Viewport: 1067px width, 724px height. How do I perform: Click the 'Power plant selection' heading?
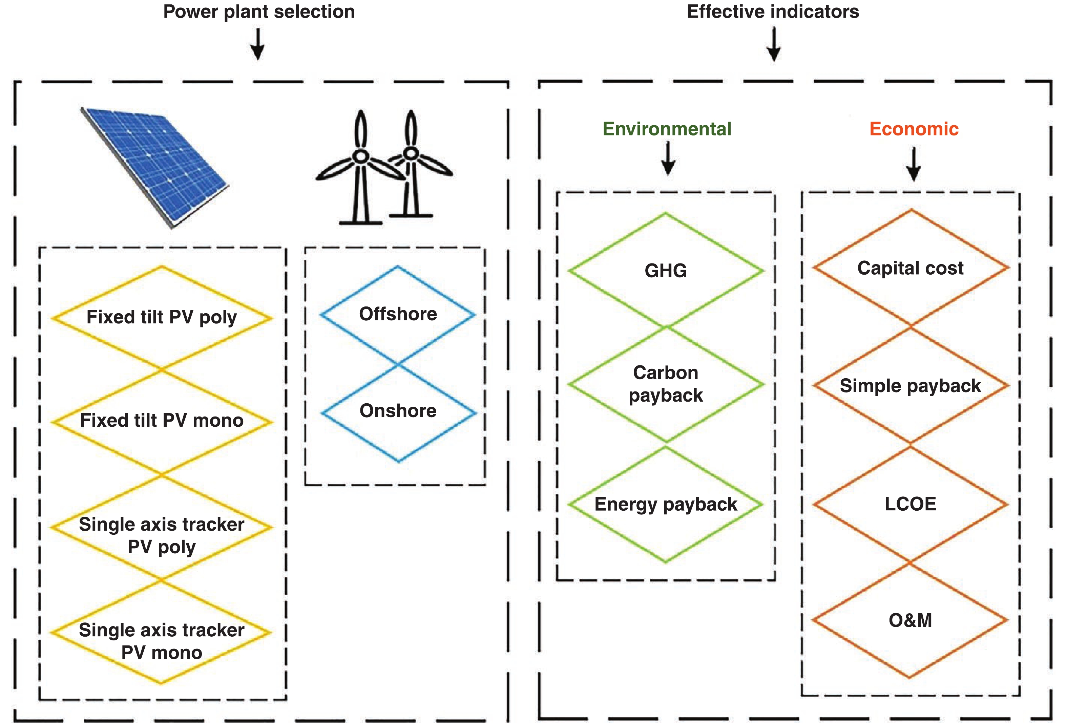tap(259, 12)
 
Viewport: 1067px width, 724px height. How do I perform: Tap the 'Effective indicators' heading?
tap(773, 12)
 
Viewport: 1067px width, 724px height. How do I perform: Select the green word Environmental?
tap(667, 129)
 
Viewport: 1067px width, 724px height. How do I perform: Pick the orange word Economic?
tap(914, 129)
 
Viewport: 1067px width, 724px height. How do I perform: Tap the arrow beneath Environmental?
tap(668, 158)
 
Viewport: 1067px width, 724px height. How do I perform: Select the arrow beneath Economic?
tap(914, 164)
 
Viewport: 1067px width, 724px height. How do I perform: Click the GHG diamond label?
tap(666, 271)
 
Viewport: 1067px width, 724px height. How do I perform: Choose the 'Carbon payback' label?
tap(666, 384)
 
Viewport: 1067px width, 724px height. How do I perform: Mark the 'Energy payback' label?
tap(666, 504)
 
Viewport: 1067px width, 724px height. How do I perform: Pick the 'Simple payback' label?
tap(911, 386)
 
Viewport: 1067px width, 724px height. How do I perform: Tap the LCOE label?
tap(911, 504)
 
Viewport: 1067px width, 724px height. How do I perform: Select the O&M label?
tap(911, 620)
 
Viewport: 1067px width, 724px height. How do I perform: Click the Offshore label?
tap(398, 314)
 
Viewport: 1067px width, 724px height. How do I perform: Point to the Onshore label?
tap(398, 411)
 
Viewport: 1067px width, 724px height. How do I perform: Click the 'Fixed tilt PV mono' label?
tap(162, 421)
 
